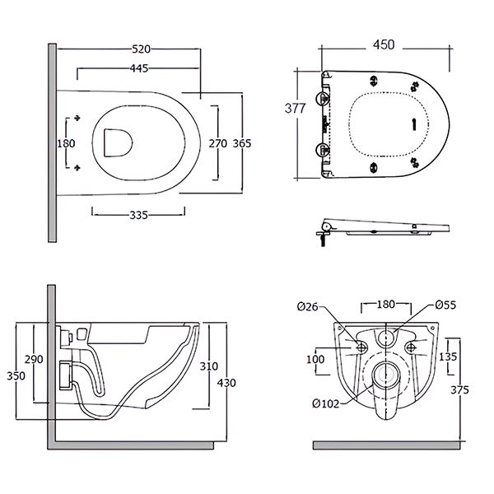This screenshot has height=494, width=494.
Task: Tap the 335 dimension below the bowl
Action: [x=138, y=215]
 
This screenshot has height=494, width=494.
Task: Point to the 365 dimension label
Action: [x=241, y=142]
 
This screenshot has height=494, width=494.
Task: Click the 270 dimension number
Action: [x=217, y=142]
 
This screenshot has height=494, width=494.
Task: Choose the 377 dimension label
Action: [x=296, y=108]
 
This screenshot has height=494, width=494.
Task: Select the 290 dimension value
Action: [x=34, y=361]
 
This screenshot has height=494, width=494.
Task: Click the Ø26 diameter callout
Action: [x=307, y=306]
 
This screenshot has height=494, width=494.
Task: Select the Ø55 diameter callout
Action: [x=445, y=305]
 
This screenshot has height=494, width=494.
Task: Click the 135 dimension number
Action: [x=447, y=357]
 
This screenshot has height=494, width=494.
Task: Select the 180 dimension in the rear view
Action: [x=384, y=305]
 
